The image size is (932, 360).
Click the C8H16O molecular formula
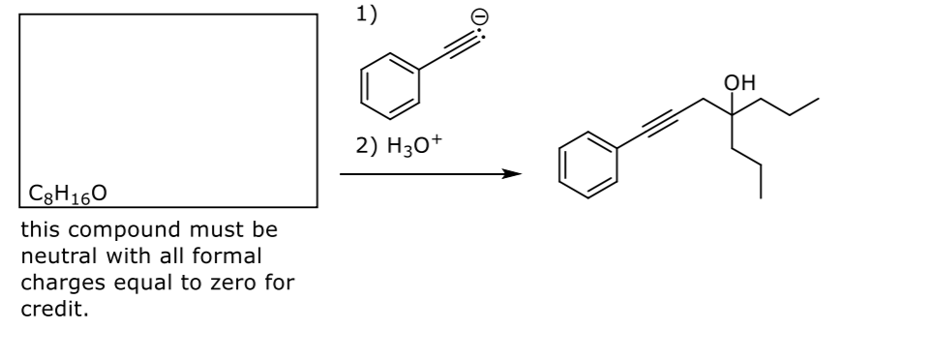[68, 194]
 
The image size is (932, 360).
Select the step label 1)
[366, 14]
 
